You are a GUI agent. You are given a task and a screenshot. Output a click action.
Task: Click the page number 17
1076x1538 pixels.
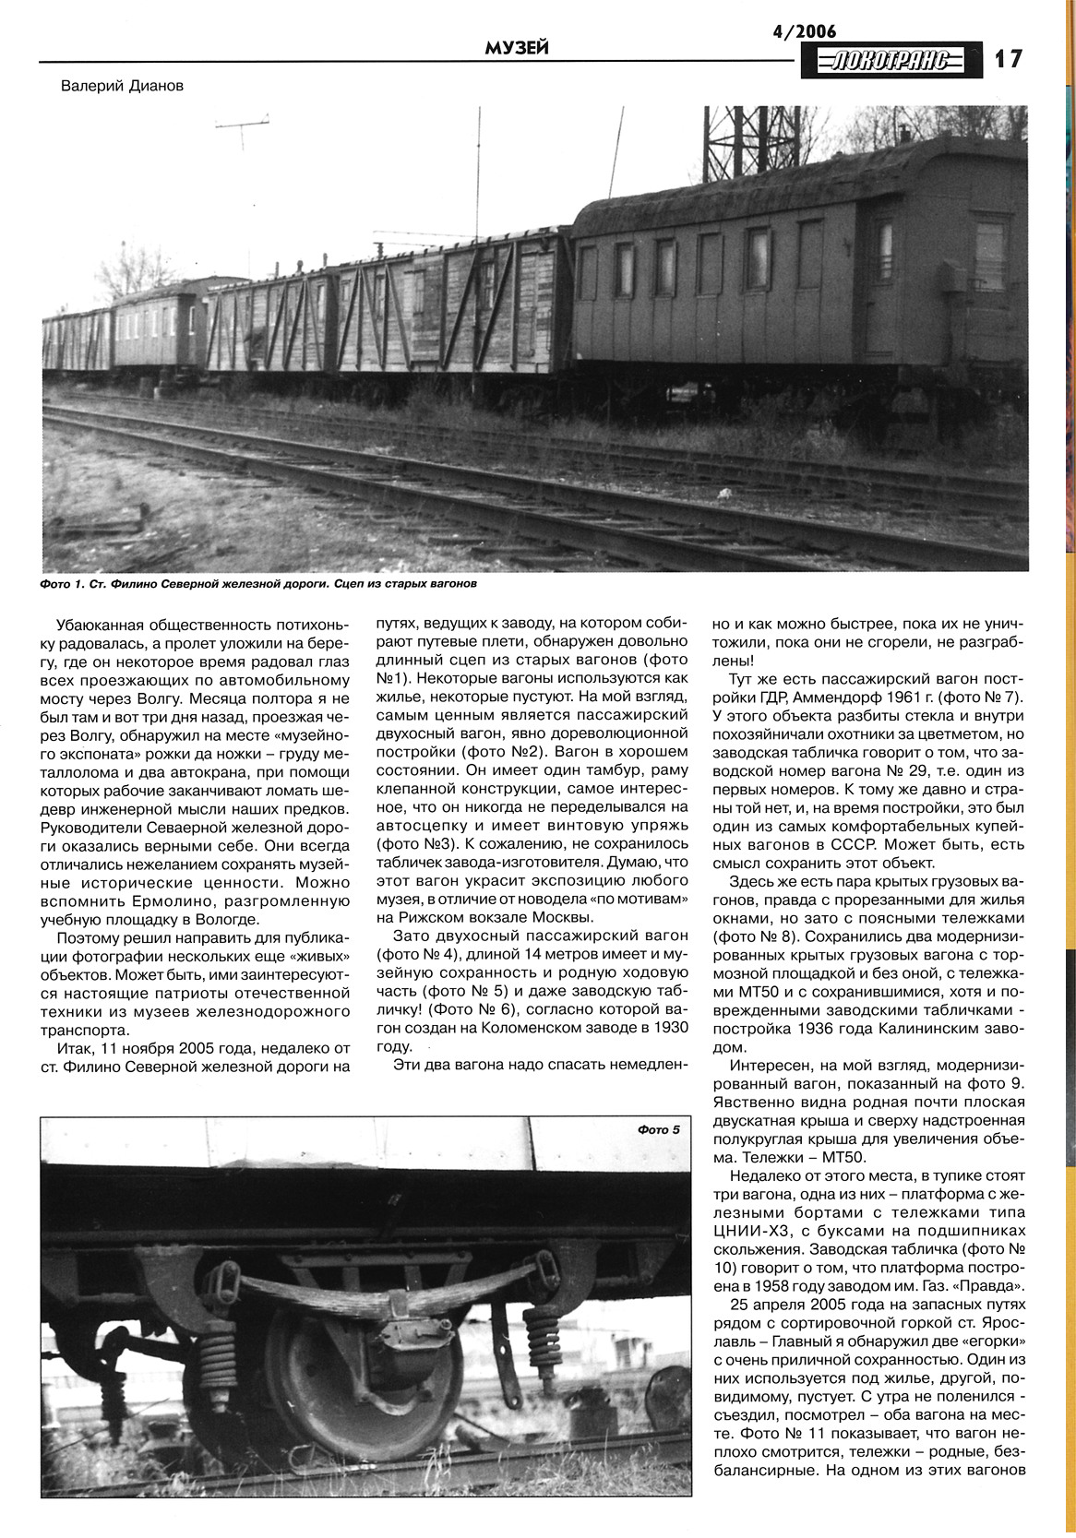tap(1009, 58)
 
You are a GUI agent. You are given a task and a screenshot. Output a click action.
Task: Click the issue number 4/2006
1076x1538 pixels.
tap(804, 31)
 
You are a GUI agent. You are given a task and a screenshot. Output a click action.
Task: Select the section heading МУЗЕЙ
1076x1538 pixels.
tap(517, 47)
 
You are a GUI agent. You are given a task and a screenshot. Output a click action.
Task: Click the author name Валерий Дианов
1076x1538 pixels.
tap(122, 86)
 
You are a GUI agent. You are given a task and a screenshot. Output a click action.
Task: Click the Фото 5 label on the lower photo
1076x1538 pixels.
tap(658, 1130)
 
